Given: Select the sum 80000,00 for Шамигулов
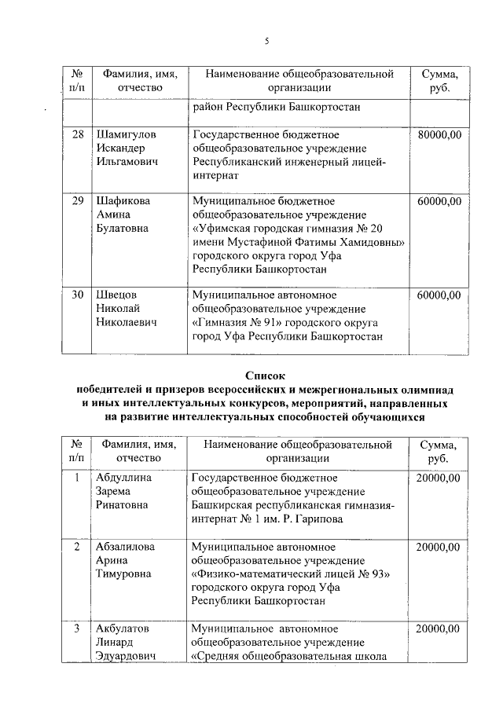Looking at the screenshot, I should click(439, 134).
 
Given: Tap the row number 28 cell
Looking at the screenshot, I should click(78, 134).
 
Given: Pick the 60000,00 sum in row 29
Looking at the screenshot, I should click(439, 200).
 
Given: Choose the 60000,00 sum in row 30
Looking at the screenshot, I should click(439, 295).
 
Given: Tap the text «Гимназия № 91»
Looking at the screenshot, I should click(237, 323).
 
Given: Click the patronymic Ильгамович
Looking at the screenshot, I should click(127, 163).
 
